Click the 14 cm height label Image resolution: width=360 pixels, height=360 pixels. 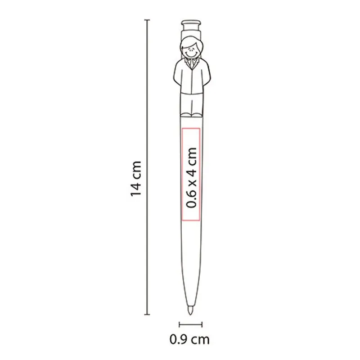(136, 179)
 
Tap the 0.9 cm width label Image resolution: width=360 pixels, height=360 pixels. (189, 339)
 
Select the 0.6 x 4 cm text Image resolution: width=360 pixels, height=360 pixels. (191, 177)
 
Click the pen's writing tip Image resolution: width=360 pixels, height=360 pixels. (190, 310)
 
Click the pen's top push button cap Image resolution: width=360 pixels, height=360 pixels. (191, 22)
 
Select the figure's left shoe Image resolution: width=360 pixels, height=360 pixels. (198, 115)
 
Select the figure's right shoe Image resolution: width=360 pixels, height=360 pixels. (186, 115)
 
